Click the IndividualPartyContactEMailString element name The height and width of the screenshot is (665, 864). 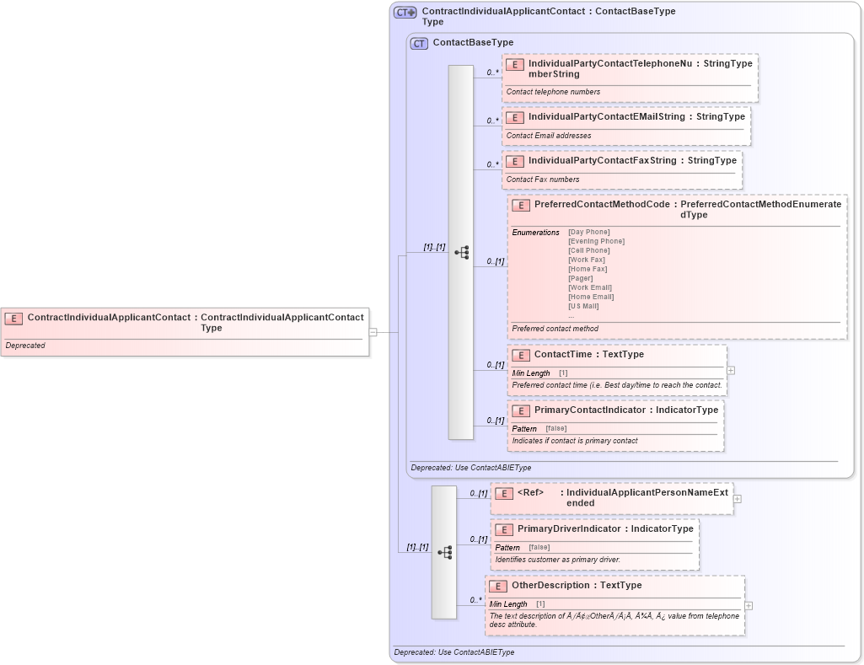[x=606, y=117]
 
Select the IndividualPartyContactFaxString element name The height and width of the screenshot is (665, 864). [x=602, y=161]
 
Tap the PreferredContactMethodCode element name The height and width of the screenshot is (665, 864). [x=602, y=205]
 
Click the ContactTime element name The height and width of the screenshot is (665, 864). [x=565, y=355]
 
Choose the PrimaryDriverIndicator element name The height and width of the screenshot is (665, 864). [x=569, y=529]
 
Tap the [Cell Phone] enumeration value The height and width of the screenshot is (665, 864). [x=588, y=250]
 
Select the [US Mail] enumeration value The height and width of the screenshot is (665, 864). [x=583, y=306]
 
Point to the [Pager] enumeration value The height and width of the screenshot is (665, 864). [x=580, y=278]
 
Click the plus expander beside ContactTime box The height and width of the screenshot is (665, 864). [x=731, y=370]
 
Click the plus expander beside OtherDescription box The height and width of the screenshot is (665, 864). [x=749, y=605]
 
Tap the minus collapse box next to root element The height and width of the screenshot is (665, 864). [x=373, y=332]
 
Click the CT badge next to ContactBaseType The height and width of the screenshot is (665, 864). [x=419, y=43]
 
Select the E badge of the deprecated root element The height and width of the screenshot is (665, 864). [x=13, y=319]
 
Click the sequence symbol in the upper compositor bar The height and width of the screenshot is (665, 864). [x=461, y=252]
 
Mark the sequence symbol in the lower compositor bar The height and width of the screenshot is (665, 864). [x=444, y=552]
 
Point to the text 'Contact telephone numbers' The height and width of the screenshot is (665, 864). [x=553, y=92]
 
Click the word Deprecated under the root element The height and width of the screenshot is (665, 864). [x=25, y=346]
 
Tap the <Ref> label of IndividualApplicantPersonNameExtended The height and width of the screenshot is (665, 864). [x=530, y=492]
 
